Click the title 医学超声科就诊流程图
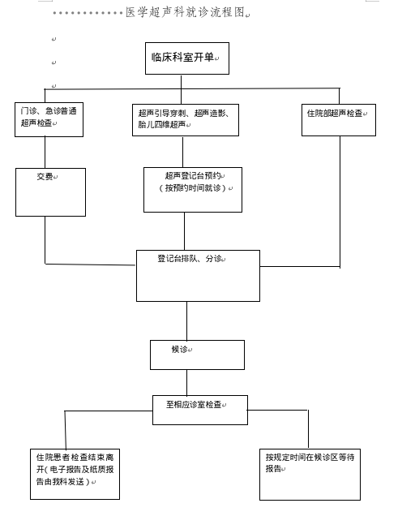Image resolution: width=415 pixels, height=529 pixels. point(185,12)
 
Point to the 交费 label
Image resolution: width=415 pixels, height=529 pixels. point(45,176)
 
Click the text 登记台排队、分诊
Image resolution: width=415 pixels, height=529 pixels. point(190,259)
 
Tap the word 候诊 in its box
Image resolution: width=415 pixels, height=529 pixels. point(180,349)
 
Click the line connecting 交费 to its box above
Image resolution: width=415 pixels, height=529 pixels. point(45,153)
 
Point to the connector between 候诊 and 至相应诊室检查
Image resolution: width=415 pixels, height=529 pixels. point(186,383)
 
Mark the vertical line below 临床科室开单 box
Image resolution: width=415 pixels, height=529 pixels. point(181,89)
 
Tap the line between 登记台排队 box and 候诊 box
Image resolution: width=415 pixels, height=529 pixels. point(186,320)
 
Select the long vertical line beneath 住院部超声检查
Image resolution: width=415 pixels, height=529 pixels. point(340,202)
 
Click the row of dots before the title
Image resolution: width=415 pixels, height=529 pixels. point(88,13)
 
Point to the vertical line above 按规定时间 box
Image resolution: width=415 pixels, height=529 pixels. point(308,429)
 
